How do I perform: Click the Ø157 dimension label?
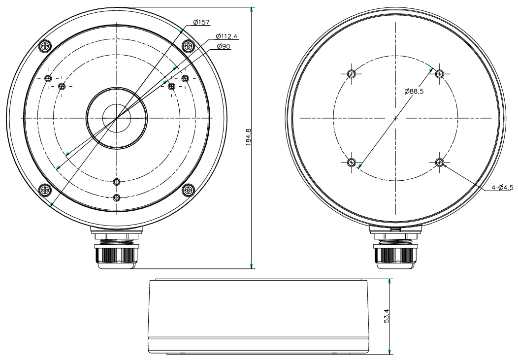point(201,22)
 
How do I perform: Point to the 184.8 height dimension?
point(248,136)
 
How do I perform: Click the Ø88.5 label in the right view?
point(414,91)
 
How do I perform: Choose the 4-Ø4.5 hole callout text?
point(502,187)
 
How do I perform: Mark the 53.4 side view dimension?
point(387,316)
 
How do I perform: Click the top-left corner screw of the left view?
point(45,46)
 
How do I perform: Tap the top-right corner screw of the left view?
point(188,46)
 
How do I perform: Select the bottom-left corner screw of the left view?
point(45,189)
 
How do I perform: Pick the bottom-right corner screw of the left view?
point(188,189)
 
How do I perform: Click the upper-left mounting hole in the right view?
point(351,74)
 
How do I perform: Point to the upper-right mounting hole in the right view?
point(440,74)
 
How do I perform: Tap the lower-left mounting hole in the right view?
point(351,163)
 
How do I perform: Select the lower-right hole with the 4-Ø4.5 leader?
point(440,163)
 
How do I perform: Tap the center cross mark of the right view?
point(395,118)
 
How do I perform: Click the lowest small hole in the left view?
point(117,198)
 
